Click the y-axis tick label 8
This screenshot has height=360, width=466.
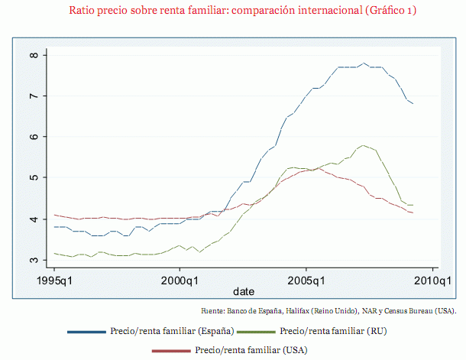pyautogui.click(x=34, y=55)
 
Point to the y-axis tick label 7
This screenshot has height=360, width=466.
pyautogui.click(x=34, y=96)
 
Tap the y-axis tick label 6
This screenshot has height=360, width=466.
pyautogui.click(x=34, y=137)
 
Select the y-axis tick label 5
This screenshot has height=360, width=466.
pyautogui.click(x=34, y=178)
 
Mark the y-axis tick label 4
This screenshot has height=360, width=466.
pyautogui.click(x=34, y=219)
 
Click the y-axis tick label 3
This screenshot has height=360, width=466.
pyautogui.click(x=34, y=260)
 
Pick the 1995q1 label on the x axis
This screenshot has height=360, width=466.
pyautogui.click(x=55, y=281)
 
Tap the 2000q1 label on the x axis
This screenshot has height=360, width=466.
pyautogui.click(x=180, y=281)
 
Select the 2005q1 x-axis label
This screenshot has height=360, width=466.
pyautogui.click(x=306, y=281)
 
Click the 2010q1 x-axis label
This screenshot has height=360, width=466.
pyautogui.click(x=432, y=281)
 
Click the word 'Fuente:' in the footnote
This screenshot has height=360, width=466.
pyautogui.click(x=212, y=311)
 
